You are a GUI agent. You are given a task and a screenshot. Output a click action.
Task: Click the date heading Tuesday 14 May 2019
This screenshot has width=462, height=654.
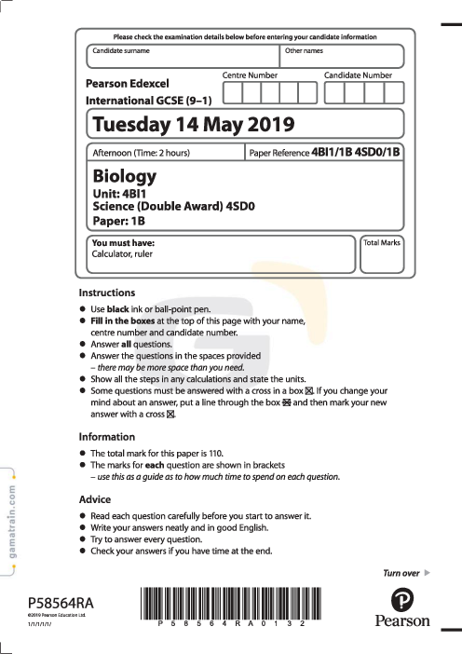click(194, 124)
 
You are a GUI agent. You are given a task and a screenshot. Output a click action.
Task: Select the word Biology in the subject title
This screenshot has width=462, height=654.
click(125, 176)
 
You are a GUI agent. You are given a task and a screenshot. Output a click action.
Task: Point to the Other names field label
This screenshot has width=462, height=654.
click(304, 50)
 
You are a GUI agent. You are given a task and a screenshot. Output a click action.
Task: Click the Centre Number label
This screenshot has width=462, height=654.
click(250, 75)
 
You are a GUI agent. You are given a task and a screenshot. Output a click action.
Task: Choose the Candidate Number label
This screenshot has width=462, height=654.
click(358, 75)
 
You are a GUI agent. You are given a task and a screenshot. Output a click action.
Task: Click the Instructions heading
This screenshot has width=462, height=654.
click(107, 293)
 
